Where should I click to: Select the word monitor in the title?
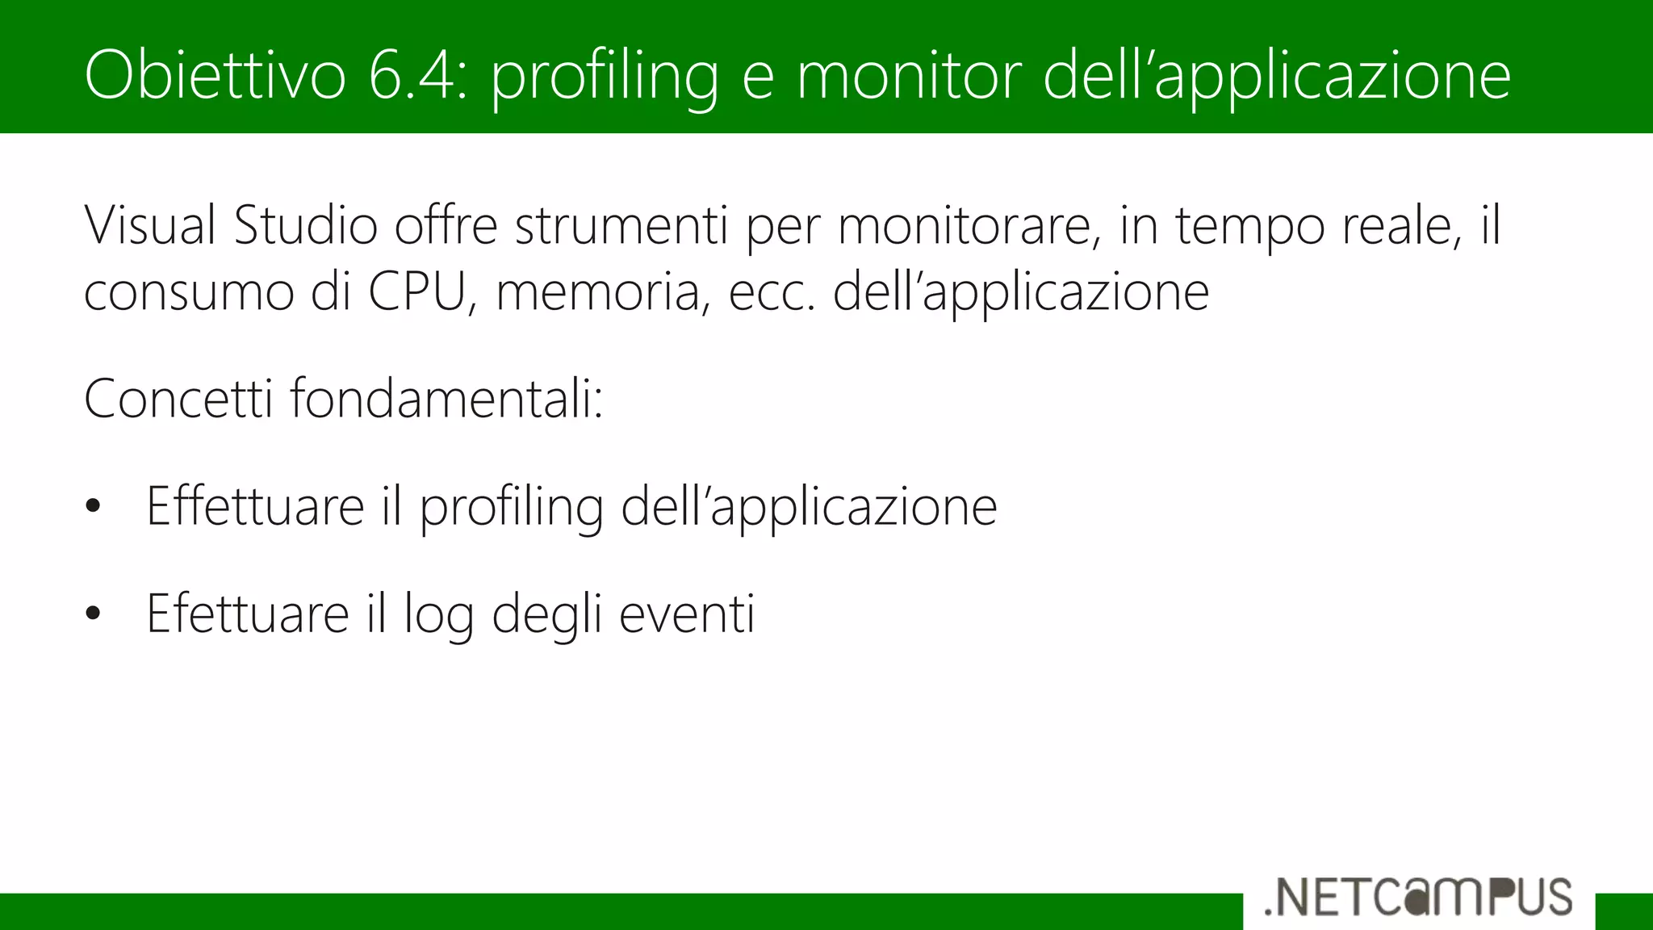[909, 75]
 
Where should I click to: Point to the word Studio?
[306, 225]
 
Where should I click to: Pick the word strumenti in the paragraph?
[621, 225]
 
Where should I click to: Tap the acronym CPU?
[418, 291]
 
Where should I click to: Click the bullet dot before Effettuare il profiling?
[94, 506]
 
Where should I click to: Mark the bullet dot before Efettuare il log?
[94, 614]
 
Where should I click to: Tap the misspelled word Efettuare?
[247, 614]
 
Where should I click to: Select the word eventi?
[687, 614]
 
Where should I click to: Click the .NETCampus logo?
[1418, 897]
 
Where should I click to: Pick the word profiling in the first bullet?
[511, 508]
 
